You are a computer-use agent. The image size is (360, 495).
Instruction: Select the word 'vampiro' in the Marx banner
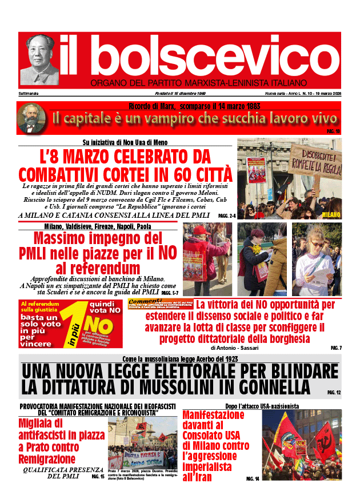(187, 119)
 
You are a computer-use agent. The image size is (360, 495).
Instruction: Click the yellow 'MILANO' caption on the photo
(331, 214)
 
